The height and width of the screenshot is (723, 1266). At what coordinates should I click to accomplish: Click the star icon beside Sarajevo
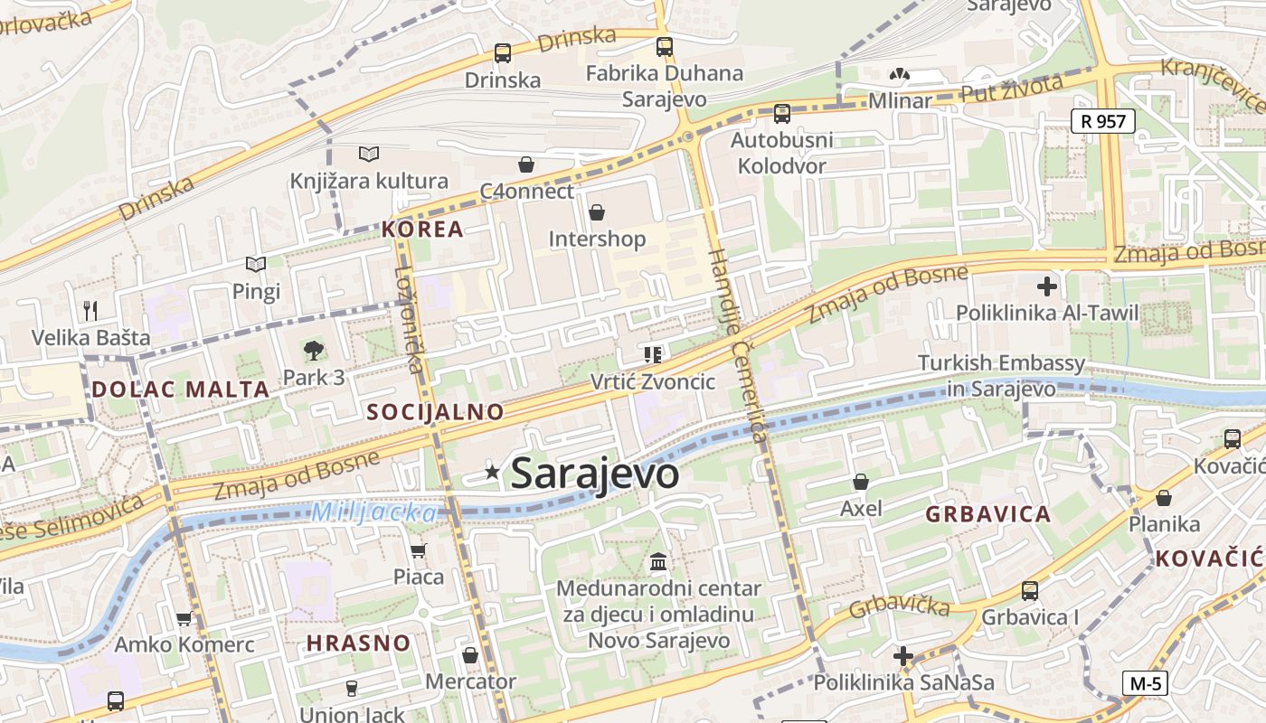point(492,471)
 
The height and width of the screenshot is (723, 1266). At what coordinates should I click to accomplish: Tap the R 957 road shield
point(1103,120)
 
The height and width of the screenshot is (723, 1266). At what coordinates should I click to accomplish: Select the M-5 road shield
point(1145,683)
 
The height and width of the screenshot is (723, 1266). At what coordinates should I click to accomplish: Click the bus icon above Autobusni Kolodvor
point(781,113)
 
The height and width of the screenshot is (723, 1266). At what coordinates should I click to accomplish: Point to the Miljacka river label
point(373,512)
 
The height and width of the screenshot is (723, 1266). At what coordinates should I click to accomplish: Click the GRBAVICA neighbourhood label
point(988,515)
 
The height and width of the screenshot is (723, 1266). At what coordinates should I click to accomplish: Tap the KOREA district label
point(422,229)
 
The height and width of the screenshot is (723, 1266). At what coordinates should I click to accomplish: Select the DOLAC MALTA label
point(181,390)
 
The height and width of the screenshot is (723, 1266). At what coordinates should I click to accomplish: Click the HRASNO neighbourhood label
point(358,643)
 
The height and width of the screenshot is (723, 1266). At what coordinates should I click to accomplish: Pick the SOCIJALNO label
point(435,412)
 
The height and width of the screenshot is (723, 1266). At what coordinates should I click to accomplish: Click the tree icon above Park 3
point(313,350)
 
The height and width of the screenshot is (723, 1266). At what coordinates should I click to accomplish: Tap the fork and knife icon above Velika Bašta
point(90,311)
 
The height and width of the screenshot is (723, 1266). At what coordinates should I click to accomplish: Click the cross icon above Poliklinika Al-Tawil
point(1047,287)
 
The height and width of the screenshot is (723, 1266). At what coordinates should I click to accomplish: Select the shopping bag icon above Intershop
point(597,212)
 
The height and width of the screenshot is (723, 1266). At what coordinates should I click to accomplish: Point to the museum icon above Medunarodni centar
point(658,561)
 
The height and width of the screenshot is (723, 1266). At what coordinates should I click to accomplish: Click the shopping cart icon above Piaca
point(418,550)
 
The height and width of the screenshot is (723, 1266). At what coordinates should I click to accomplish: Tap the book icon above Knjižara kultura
point(368,154)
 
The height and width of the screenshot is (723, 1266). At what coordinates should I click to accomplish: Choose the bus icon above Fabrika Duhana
point(665,46)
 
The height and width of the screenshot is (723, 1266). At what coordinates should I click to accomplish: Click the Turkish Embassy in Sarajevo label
point(1001,376)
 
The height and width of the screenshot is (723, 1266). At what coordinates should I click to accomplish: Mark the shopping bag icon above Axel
point(861,482)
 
